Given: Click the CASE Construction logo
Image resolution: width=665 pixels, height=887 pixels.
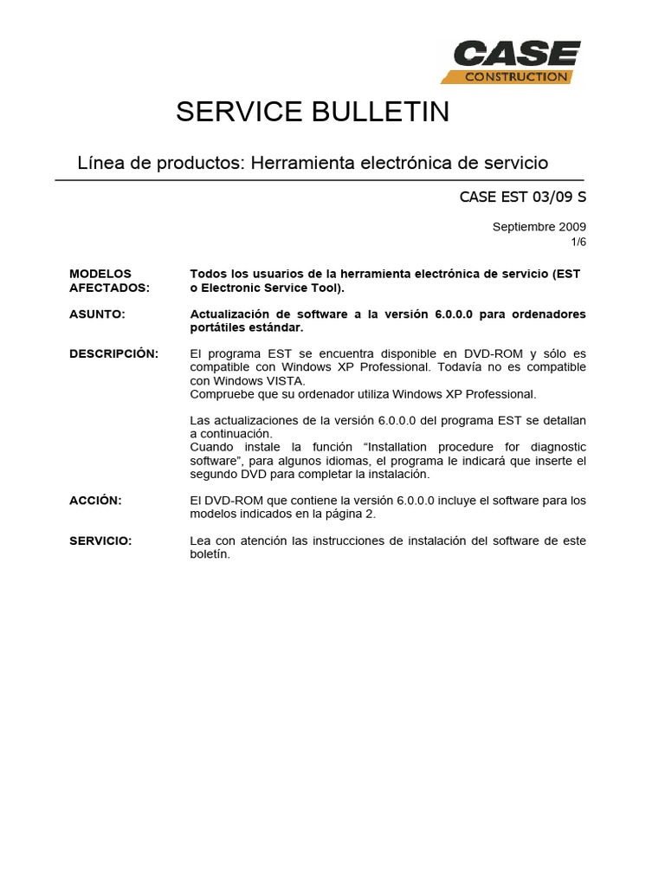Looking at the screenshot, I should pos(510,62).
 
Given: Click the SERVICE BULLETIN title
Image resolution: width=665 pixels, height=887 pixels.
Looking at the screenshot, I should pos(313,112).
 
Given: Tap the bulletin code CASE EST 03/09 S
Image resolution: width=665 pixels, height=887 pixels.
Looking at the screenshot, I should pos(522,197).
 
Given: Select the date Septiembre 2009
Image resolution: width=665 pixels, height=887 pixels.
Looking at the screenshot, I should pos(539,227).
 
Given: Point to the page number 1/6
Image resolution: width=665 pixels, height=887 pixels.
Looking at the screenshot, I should pos(577,243).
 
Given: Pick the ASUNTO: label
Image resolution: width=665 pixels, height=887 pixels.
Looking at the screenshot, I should pos(97,314).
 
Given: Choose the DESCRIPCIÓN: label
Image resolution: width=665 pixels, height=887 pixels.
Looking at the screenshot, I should pos(113,353).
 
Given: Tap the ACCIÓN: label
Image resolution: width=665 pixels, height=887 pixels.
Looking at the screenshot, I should pos(95,501).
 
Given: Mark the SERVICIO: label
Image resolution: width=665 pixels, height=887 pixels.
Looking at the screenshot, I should pos(100,541).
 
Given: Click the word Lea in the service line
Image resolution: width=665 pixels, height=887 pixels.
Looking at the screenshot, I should pos(200,541).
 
